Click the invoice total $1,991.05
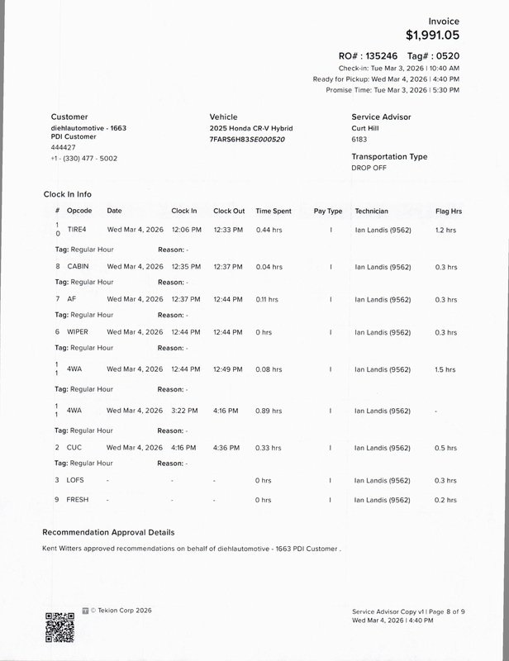tap(432, 36)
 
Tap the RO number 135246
tap(383, 55)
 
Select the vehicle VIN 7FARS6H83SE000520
tap(247, 140)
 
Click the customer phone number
tap(83, 158)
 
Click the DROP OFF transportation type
tap(369, 168)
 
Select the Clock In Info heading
tap(68, 194)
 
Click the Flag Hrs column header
tap(448, 212)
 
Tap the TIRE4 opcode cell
tap(77, 229)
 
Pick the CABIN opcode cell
tap(78, 267)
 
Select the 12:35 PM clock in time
tap(184, 267)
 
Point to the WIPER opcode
tap(78, 332)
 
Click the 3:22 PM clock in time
tap(183, 411)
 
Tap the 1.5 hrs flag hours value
tap(445, 369)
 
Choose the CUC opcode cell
tap(74, 447)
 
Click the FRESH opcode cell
tap(78, 500)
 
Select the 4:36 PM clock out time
tap(226, 447)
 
